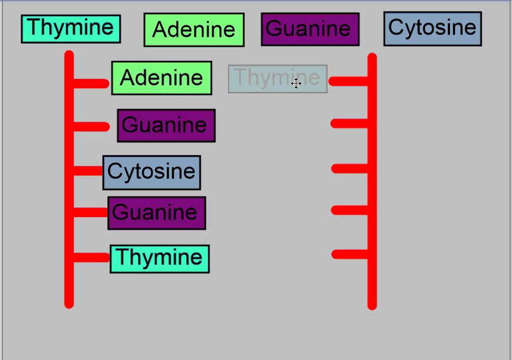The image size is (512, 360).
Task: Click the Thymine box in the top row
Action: click(70, 28)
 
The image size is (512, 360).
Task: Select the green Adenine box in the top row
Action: click(194, 30)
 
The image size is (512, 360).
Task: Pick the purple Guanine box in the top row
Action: click(310, 29)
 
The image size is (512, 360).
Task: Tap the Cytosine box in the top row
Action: click(432, 28)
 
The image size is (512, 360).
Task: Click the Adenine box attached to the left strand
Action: click(161, 78)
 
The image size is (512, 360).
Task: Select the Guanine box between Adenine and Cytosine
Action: click(166, 125)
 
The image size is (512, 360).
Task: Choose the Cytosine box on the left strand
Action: click(152, 172)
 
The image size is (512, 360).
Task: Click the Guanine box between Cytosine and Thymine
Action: click(157, 213)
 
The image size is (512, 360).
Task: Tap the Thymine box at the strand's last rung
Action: click(160, 259)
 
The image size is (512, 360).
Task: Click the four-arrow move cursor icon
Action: click(297, 83)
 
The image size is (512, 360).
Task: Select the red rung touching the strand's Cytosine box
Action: click(88, 171)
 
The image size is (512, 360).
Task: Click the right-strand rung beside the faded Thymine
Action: click(349, 81)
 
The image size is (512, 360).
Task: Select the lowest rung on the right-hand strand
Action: click(350, 254)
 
